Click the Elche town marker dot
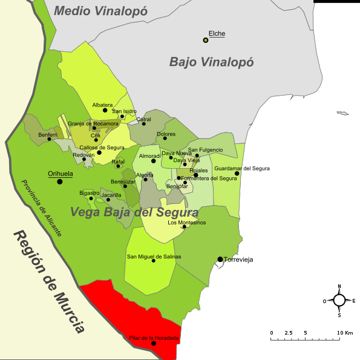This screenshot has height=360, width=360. [206, 41]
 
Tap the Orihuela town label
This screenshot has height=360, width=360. [61, 174]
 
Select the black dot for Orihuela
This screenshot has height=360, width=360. [60, 182]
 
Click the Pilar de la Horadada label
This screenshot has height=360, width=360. [154, 338]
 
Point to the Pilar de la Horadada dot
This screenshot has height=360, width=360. [154, 344]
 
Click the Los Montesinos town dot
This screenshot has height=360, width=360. [184, 227]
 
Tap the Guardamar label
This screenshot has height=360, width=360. [229, 168]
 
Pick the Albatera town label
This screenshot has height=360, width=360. [102, 105]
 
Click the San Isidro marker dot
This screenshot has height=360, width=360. [122, 116]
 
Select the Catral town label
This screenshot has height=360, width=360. [143, 119]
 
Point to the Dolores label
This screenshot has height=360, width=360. [166, 134]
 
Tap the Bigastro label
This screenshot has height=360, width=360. [90, 192]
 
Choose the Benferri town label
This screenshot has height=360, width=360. [48, 134]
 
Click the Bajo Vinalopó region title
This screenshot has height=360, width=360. [211, 62]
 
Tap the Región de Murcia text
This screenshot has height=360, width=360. [49, 282]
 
